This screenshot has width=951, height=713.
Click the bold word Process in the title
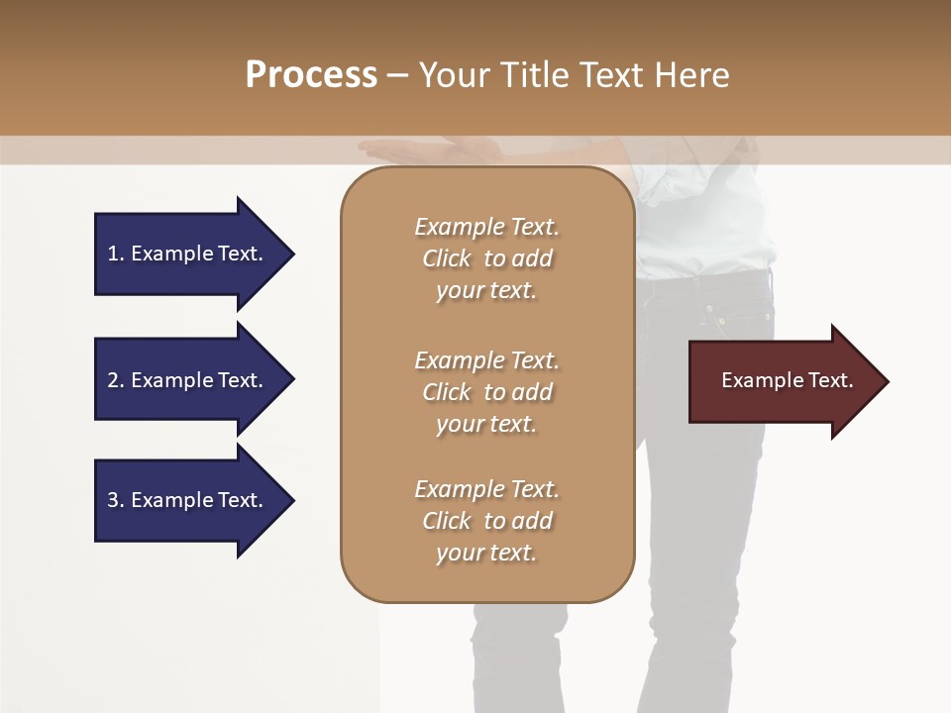(x=311, y=75)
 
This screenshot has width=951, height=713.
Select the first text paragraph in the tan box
(x=486, y=258)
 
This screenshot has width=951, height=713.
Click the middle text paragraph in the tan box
(x=486, y=392)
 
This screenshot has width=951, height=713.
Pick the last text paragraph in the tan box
(x=486, y=521)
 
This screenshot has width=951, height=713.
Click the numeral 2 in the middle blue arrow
(x=113, y=380)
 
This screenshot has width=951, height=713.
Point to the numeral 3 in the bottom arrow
(x=113, y=500)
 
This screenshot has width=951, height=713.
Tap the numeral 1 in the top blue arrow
(x=113, y=254)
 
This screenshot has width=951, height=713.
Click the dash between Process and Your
(x=398, y=76)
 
